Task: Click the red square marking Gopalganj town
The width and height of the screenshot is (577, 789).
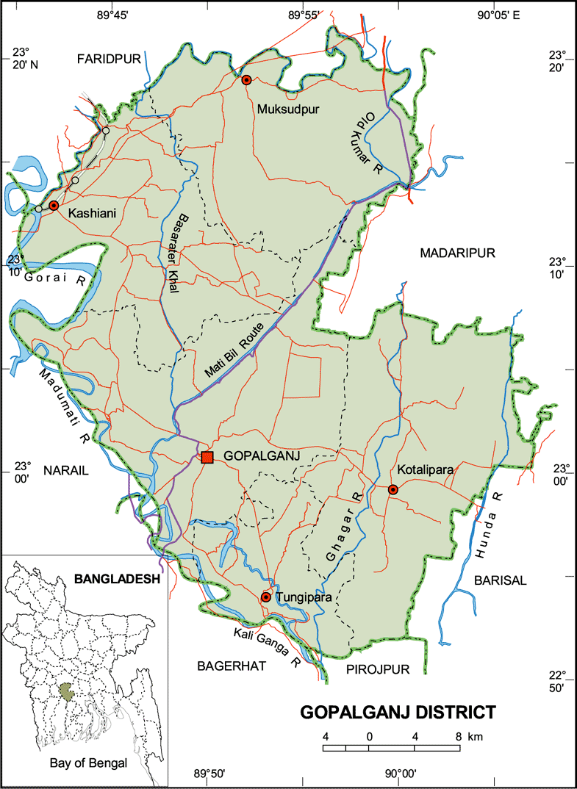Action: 207,457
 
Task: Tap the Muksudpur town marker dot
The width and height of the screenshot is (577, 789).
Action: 247,79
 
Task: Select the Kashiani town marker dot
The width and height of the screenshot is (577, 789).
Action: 54,205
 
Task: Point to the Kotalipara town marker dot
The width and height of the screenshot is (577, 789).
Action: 393,489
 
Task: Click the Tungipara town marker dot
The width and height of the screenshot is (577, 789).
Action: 266,597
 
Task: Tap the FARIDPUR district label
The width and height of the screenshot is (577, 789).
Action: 108,60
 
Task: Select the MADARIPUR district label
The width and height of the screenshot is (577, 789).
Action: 458,253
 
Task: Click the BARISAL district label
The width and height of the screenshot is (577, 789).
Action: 501,580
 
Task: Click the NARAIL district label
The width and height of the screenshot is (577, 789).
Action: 65,471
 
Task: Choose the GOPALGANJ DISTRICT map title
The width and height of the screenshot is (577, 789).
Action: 398,712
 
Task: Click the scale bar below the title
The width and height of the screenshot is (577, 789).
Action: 392,748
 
